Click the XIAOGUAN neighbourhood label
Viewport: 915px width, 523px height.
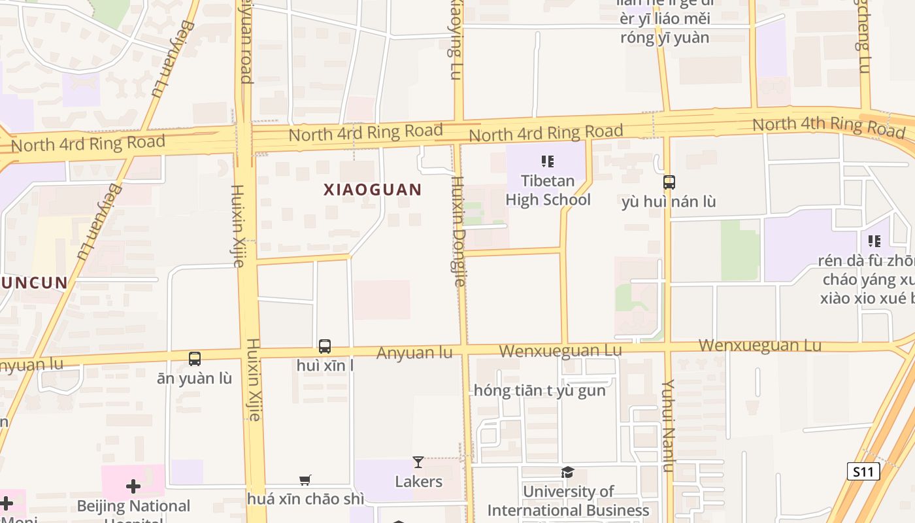click(x=373, y=190)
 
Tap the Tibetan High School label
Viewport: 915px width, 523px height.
click(x=548, y=190)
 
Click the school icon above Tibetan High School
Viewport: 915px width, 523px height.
click(x=548, y=161)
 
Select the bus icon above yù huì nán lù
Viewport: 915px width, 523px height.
click(x=669, y=182)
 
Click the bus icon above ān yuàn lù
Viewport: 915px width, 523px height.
click(x=195, y=358)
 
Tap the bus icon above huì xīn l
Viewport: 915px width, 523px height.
click(x=325, y=346)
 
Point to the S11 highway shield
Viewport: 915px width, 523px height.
click(x=863, y=471)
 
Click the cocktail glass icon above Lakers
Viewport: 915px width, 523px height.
click(x=418, y=462)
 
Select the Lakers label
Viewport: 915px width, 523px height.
click(x=418, y=482)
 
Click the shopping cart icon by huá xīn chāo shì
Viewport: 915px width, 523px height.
click(x=305, y=481)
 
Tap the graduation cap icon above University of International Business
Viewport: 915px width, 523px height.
click(x=567, y=472)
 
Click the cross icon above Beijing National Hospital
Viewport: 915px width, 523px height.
click(x=133, y=486)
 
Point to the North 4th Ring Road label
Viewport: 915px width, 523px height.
click(x=828, y=126)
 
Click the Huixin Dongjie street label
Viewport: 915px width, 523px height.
click(x=459, y=232)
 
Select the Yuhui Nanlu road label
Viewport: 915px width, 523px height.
click(x=667, y=425)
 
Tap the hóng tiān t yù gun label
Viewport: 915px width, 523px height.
click(x=539, y=391)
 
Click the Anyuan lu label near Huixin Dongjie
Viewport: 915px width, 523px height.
click(x=414, y=353)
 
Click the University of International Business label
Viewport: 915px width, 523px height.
click(x=568, y=501)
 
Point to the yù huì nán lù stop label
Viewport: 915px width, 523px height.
click(x=669, y=202)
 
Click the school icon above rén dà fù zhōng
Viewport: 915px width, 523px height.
click(x=874, y=241)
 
